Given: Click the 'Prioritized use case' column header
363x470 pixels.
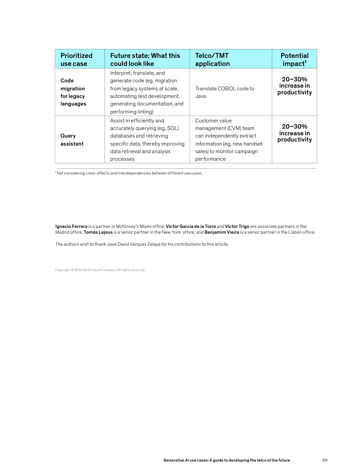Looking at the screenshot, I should coord(77,59).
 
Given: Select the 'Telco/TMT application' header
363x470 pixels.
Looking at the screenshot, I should coord(212,59).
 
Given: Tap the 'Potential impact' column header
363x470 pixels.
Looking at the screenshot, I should coord(294,59).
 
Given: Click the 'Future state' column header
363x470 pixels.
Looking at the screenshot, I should coord(145,59).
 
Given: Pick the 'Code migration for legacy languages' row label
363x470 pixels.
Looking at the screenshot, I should coord(73,92).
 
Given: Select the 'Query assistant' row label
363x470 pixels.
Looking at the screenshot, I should coord(72,140).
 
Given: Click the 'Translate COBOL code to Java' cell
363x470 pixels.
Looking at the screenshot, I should coord(225,92).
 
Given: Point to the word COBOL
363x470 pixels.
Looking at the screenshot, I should coord(227,89).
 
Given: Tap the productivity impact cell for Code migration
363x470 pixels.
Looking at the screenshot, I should coord(294,86).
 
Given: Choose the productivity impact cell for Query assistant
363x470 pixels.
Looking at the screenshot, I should coord(294,133).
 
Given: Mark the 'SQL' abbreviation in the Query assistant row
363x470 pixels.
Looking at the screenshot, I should coord(172,128).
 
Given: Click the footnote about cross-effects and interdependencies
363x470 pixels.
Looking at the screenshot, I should coord(129,173).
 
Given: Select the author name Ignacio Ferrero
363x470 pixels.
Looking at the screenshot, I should coord(71,227).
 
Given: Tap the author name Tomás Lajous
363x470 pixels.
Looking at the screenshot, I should coord(98,232).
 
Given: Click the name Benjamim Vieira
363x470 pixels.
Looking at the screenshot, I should coord(222,232).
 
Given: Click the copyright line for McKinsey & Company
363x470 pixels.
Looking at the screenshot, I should coord(100,270).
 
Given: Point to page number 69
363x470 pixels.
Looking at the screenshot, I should coord(325,460).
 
